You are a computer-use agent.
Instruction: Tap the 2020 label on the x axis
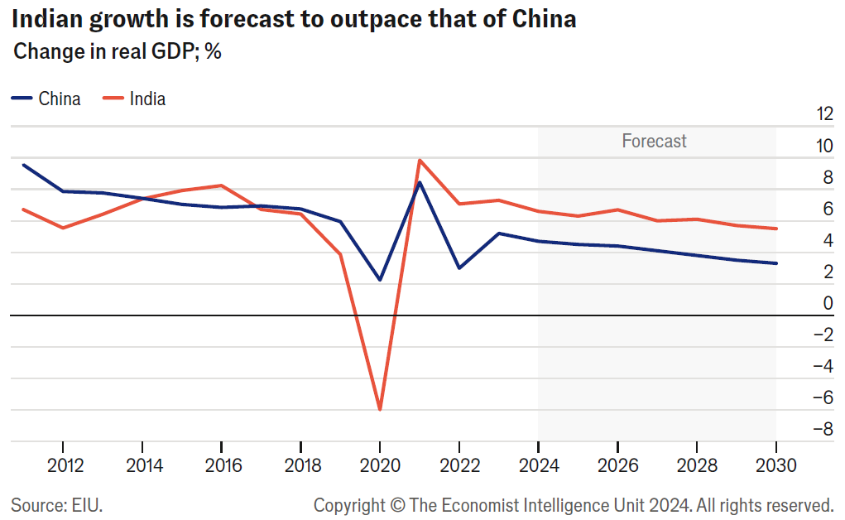pos(380,465)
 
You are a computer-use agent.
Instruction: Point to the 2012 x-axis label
pos(65,465)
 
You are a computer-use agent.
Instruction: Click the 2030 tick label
pos(775,465)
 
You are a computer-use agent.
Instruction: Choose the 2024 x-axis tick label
pos(538,465)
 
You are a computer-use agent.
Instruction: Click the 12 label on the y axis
pos(823,113)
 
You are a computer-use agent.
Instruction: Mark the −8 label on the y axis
pos(822,429)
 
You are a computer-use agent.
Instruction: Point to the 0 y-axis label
pos(828,303)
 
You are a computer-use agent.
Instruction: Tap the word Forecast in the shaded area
pos(654,142)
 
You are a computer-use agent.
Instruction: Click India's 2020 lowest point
pos(380,409)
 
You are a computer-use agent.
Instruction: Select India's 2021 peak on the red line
pos(420,160)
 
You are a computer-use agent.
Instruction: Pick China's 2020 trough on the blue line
pos(380,280)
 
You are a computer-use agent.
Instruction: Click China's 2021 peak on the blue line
pos(420,182)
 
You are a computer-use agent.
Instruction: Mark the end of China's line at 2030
pos(775,263)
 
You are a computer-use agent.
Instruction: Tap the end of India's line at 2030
pos(775,229)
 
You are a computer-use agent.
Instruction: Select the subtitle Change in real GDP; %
pos(118,52)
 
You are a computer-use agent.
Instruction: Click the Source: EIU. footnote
pos(57,503)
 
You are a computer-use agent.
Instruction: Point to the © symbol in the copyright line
pos(398,503)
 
